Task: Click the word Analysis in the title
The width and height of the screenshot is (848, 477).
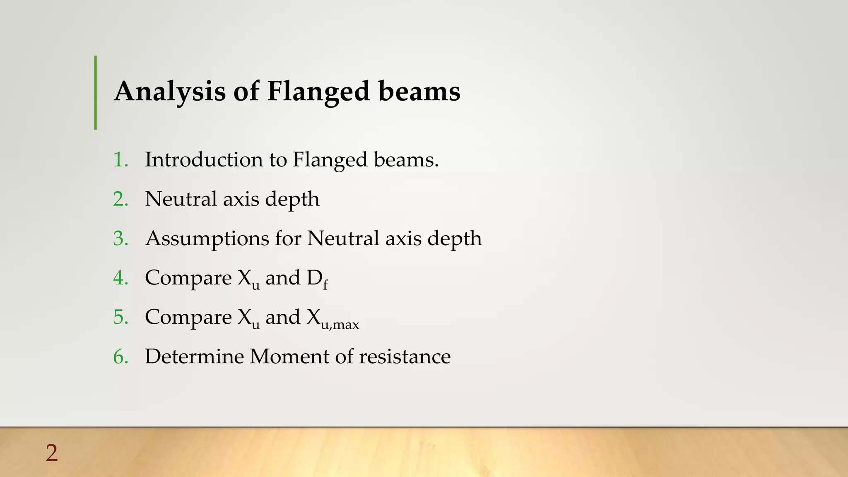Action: (170, 92)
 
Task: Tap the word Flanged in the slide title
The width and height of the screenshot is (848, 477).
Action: (318, 92)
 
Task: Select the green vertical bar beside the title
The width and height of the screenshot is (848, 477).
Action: (96, 92)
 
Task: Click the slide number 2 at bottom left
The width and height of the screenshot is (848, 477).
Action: (52, 453)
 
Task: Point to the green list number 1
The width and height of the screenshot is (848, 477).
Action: (120, 159)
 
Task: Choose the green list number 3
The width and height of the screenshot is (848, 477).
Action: (120, 238)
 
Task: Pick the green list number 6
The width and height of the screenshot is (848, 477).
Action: (120, 357)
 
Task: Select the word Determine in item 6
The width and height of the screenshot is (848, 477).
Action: (194, 357)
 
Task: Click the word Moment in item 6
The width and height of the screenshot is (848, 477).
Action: (289, 357)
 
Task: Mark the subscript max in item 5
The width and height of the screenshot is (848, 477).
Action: (346, 325)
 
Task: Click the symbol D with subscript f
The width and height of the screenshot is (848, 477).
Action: (317, 278)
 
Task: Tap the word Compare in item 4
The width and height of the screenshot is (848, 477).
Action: (188, 278)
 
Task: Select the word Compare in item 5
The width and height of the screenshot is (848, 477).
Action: (188, 317)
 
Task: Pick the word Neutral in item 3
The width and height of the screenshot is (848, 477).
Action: (342, 238)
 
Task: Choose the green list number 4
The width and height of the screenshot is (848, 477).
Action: (120, 278)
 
